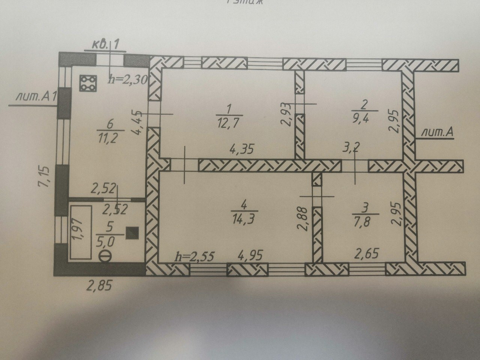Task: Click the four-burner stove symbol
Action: (x=88, y=83)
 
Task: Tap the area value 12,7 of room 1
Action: (x=229, y=123)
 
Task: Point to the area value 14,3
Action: (x=244, y=218)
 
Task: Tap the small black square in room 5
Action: (x=132, y=233)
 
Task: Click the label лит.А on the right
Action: (x=437, y=132)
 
